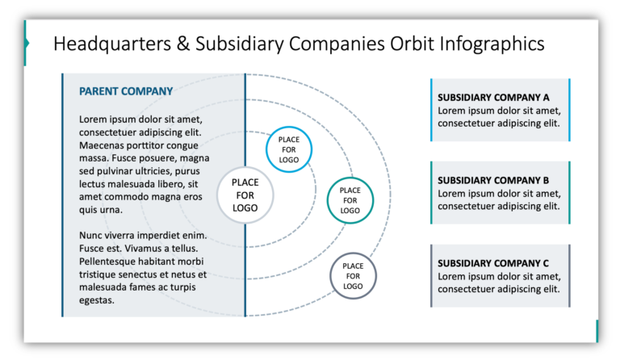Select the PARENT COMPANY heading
click(x=126, y=92)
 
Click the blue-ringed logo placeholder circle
click(x=289, y=149)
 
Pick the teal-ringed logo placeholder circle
click(x=350, y=199)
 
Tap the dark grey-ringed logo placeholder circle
click(x=353, y=276)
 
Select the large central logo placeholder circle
click(x=245, y=195)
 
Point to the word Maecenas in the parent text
click(x=104, y=145)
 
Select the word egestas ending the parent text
click(x=97, y=300)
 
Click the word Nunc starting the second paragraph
click(x=92, y=236)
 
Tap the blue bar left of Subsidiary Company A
click(x=431, y=111)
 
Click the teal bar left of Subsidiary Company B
click(x=431, y=193)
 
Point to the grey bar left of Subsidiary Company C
click(x=431, y=275)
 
